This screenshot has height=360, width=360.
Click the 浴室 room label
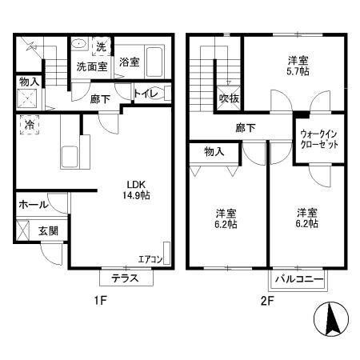pos(130,62)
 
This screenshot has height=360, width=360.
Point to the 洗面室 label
pos(91,67)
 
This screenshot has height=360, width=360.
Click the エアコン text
pos(150,258)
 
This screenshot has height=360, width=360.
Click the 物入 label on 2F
pos(214,150)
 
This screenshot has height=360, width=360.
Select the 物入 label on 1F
pos(29,82)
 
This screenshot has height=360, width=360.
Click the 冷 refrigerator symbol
pos(30,125)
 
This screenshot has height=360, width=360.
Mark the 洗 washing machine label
pos(102,46)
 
